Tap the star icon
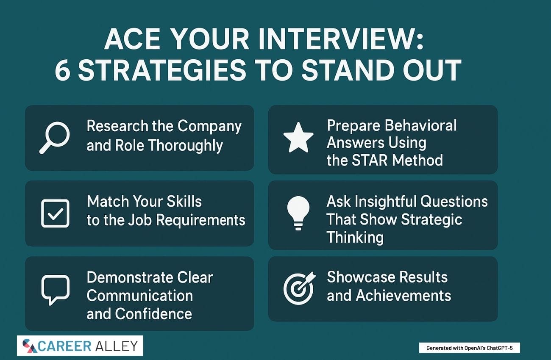(x=298, y=138)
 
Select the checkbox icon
(x=55, y=213)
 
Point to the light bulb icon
(x=298, y=213)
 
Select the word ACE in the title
(x=132, y=39)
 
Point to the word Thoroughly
(x=186, y=145)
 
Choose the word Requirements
(x=201, y=220)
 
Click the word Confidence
(x=153, y=314)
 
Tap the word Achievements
(x=404, y=295)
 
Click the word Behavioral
(x=420, y=125)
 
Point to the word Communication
(x=140, y=295)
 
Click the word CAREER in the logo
(x=64, y=346)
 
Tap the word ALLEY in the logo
(x=117, y=346)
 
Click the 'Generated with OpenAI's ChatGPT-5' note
(x=470, y=348)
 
